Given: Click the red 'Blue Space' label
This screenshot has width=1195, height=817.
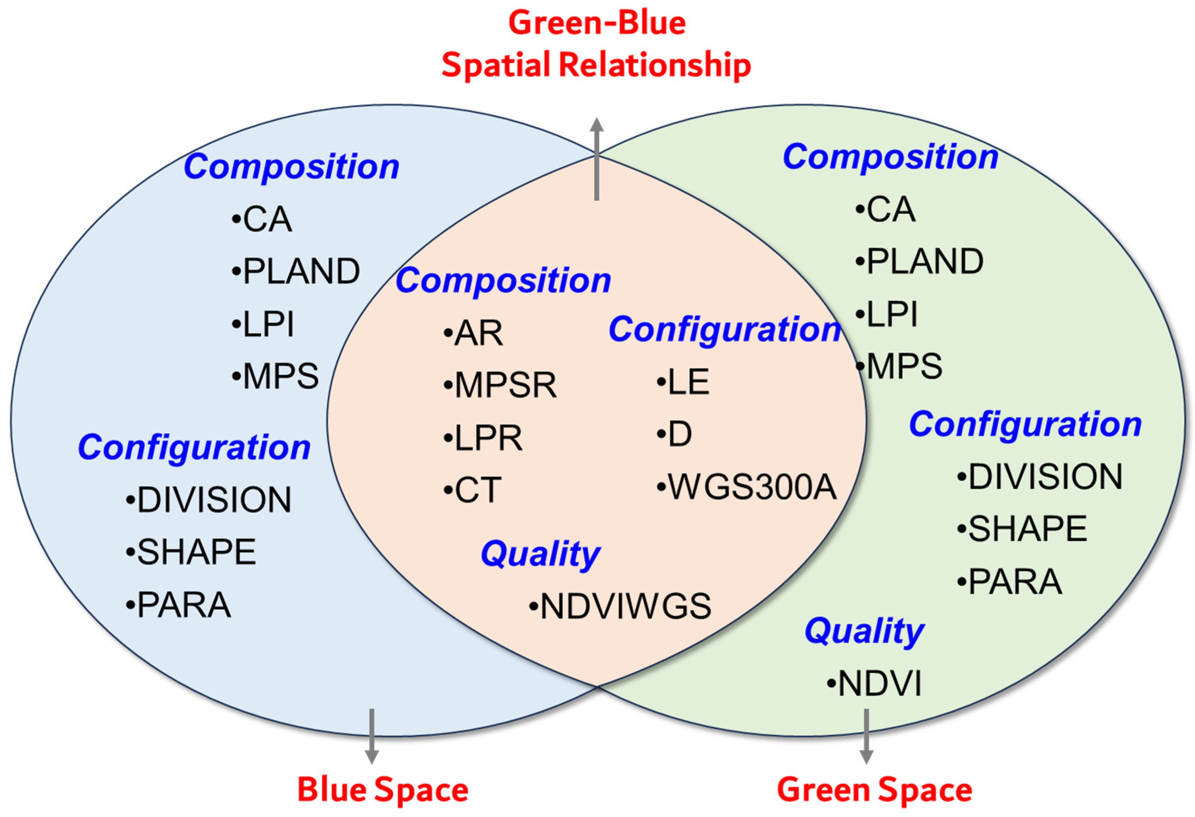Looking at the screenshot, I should [382, 789].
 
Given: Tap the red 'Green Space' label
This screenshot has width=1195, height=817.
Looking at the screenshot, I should [874, 789].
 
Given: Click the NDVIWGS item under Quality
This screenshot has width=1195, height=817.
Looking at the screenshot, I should [621, 606].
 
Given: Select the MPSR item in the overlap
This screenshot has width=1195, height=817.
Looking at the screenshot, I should [501, 385].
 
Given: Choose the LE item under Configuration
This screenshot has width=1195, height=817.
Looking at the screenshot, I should [684, 382].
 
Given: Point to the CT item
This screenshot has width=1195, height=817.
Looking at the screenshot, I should [473, 490].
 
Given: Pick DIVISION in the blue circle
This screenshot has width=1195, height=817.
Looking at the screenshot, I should [209, 499].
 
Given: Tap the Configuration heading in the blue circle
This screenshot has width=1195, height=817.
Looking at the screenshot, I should [194, 447].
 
